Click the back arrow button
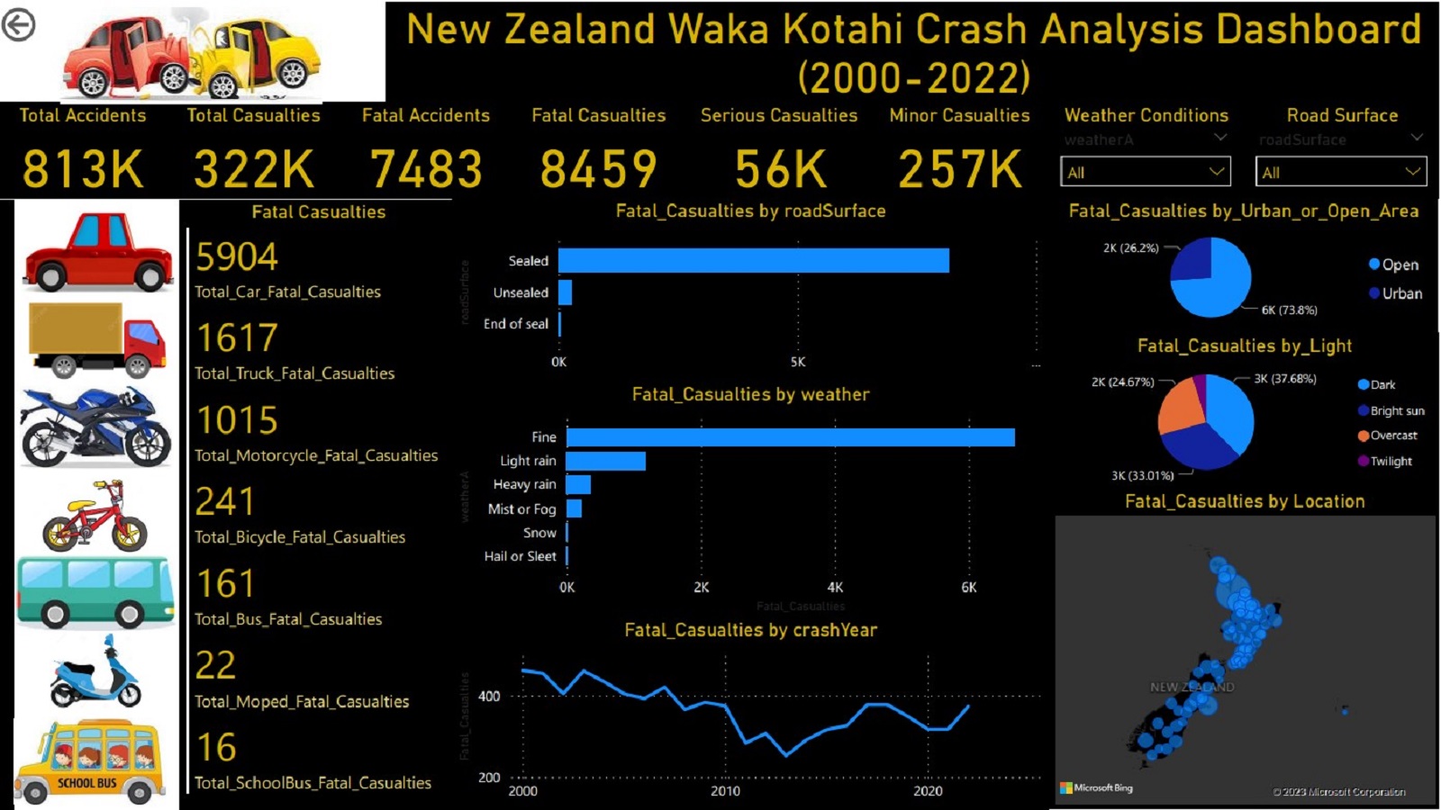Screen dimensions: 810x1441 pos(18,25)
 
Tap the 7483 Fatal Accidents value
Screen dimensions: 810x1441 pos(426,169)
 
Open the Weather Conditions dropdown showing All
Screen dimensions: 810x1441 pos(1144,172)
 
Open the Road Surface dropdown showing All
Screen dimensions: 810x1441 pos(1340,172)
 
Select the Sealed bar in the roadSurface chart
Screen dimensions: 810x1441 pos(753,260)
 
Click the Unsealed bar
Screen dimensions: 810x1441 pos(566,292)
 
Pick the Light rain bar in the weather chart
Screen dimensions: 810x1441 pos(605,461)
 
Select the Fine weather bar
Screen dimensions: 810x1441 pos(790,437)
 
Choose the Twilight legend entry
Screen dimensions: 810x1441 pos(1391,461)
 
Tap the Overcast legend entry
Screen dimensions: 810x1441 pos(1392,436)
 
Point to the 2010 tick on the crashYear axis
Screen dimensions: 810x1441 pos(725,791)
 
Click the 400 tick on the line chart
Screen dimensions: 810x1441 pos(489,696)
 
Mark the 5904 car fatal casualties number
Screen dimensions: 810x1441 pos(237,257)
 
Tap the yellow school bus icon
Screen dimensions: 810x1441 pos(90,760)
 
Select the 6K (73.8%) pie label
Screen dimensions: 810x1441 pos(1289,310)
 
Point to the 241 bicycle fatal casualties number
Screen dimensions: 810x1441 pos(225,502)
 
